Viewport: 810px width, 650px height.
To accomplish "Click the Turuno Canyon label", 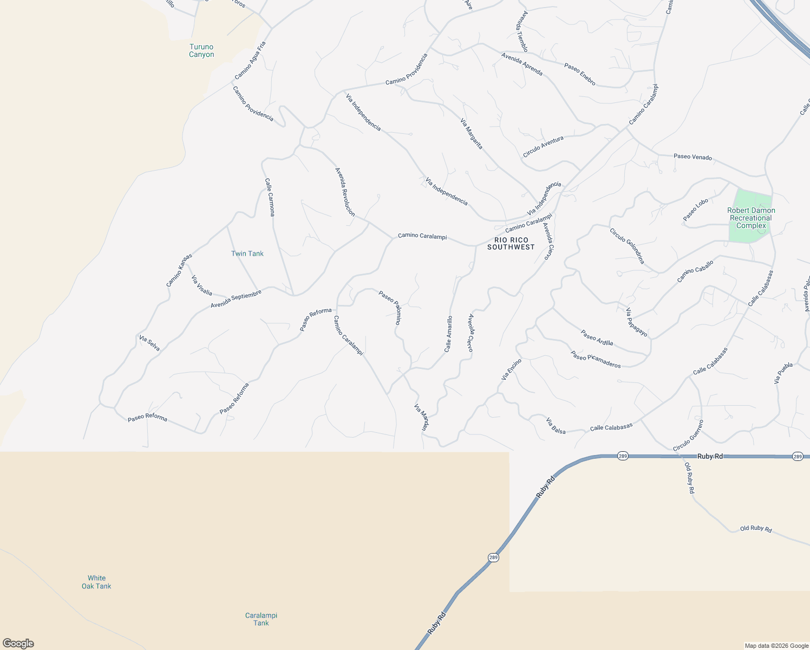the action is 201,50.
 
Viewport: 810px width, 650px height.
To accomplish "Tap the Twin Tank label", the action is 247,253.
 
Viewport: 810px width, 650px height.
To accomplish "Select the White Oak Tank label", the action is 96,582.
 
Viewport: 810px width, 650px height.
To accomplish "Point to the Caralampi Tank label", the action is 261,619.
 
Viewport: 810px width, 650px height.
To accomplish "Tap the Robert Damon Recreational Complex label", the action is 751,218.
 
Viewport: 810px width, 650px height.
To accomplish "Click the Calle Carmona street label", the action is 270,197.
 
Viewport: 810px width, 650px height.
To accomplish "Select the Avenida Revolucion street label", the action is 345,192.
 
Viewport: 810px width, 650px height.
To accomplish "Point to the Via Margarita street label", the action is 471,134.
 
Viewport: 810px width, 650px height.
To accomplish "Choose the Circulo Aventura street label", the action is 543,147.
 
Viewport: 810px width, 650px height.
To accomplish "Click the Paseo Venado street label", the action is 693,157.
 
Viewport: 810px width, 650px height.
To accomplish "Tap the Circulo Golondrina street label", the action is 627,246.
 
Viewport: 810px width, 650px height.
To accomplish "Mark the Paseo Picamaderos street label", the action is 596,359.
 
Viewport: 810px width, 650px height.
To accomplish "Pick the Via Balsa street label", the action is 556,426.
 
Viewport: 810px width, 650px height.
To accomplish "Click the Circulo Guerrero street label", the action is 688,435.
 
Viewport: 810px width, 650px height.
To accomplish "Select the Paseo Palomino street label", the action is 390,308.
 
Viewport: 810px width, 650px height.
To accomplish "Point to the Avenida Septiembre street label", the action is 236,299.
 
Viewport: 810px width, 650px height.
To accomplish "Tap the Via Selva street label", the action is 149,343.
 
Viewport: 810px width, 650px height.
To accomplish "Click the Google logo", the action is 18,643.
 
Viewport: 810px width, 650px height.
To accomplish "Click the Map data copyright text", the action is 776,646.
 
